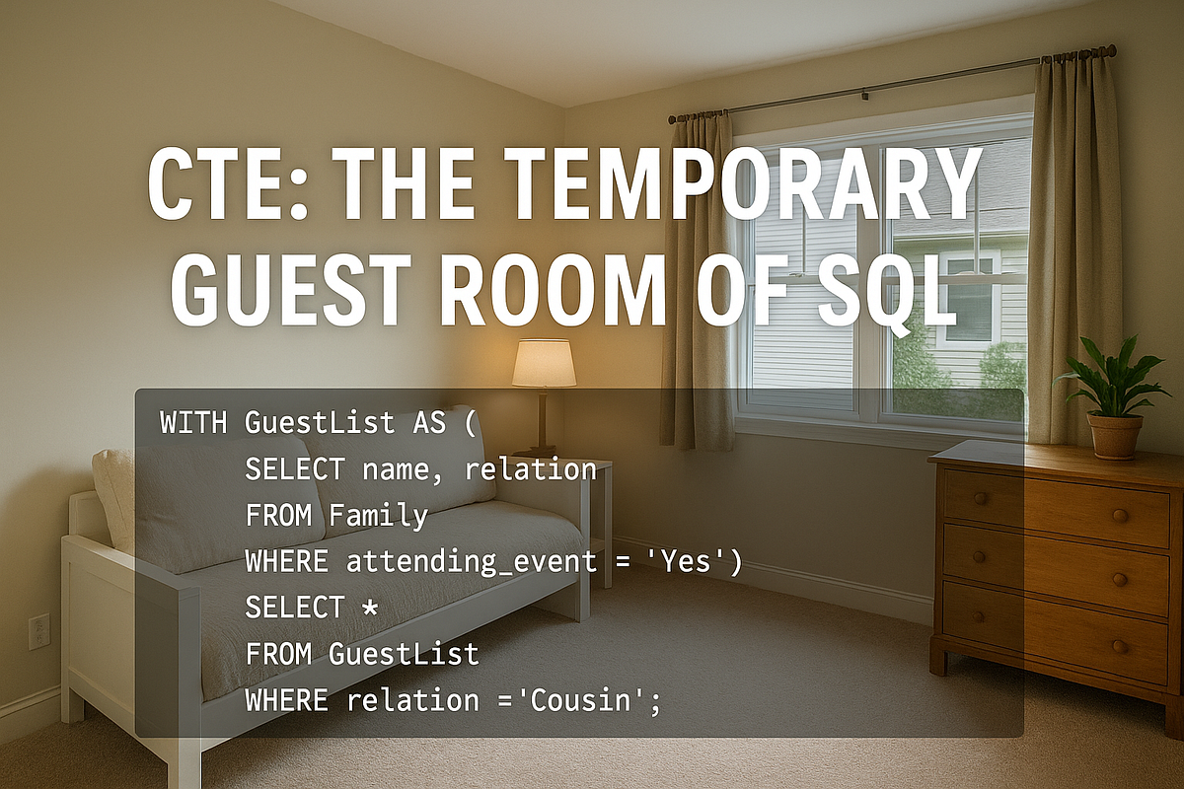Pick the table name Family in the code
[x=379, y=515]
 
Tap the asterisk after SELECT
[x=369, y=607]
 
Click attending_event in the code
[x=471, y=561]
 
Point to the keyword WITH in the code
[x=192, y=423]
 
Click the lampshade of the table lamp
[x=544, y=363]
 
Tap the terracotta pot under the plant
[x=1115, y=435]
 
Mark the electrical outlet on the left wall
[x=39, y=631]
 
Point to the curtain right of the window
[x=1074, y=247]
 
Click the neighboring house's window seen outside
[x=967, y=296]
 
